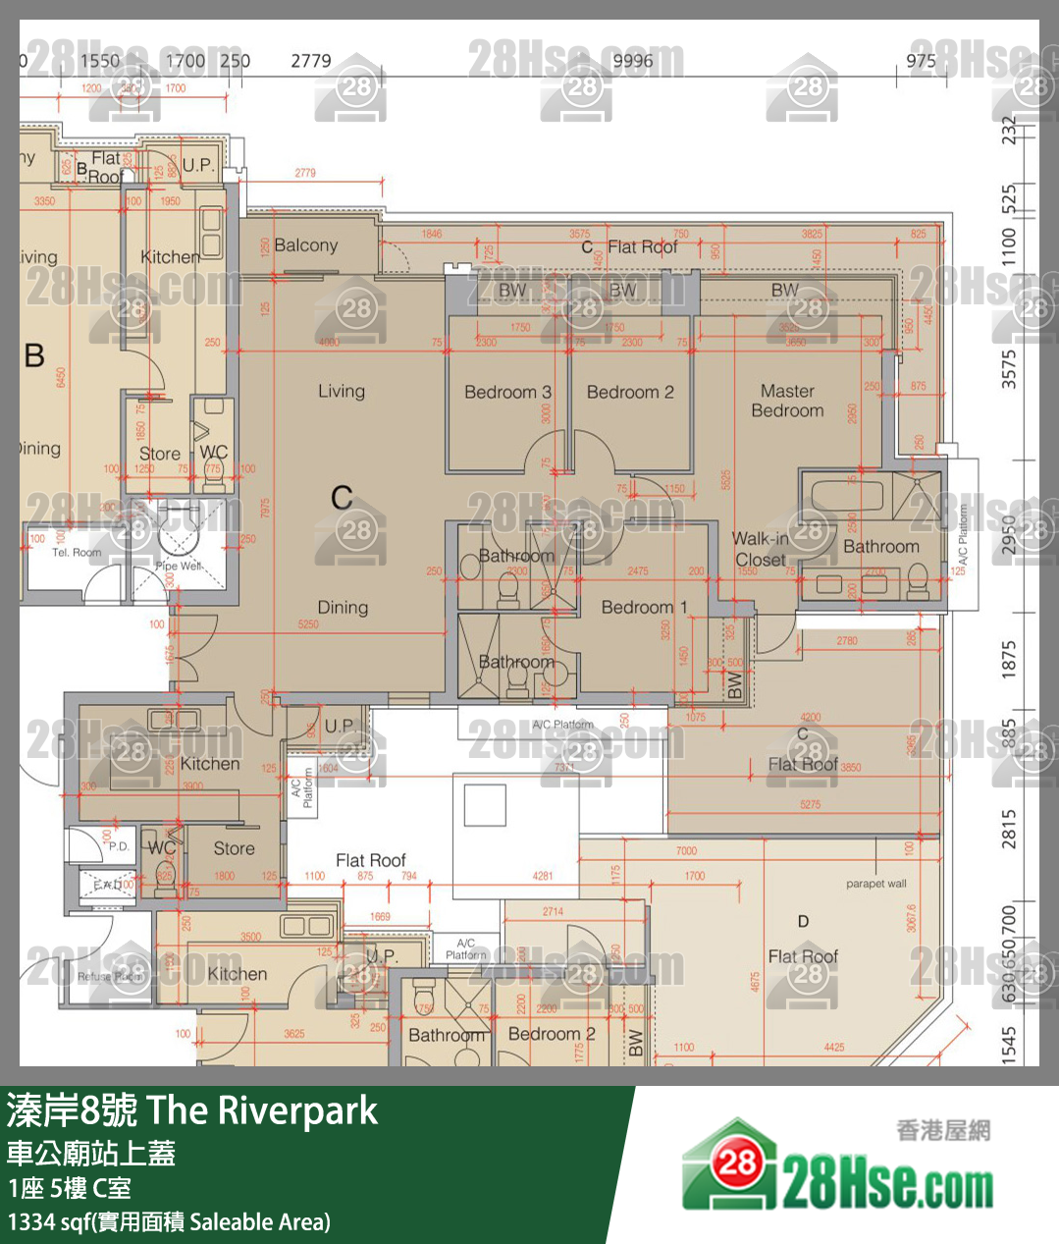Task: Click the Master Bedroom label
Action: (787, 401)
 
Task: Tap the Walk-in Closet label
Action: (760, 549)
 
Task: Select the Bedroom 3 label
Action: (507, 392)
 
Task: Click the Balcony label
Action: (305, 244)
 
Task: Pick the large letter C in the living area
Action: (342, 497)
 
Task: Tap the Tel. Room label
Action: (77, 553)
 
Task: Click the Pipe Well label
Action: (179, 566)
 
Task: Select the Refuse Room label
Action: (110, 976)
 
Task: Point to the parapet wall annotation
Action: (875, 884)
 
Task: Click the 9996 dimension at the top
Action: (632, 61)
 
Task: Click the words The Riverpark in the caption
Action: (262, 1110)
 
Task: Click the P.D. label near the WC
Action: (119, 845)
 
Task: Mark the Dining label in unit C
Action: (343, 607)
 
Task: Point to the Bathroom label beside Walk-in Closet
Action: (880, 546)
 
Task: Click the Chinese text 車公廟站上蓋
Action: (91, 1153)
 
